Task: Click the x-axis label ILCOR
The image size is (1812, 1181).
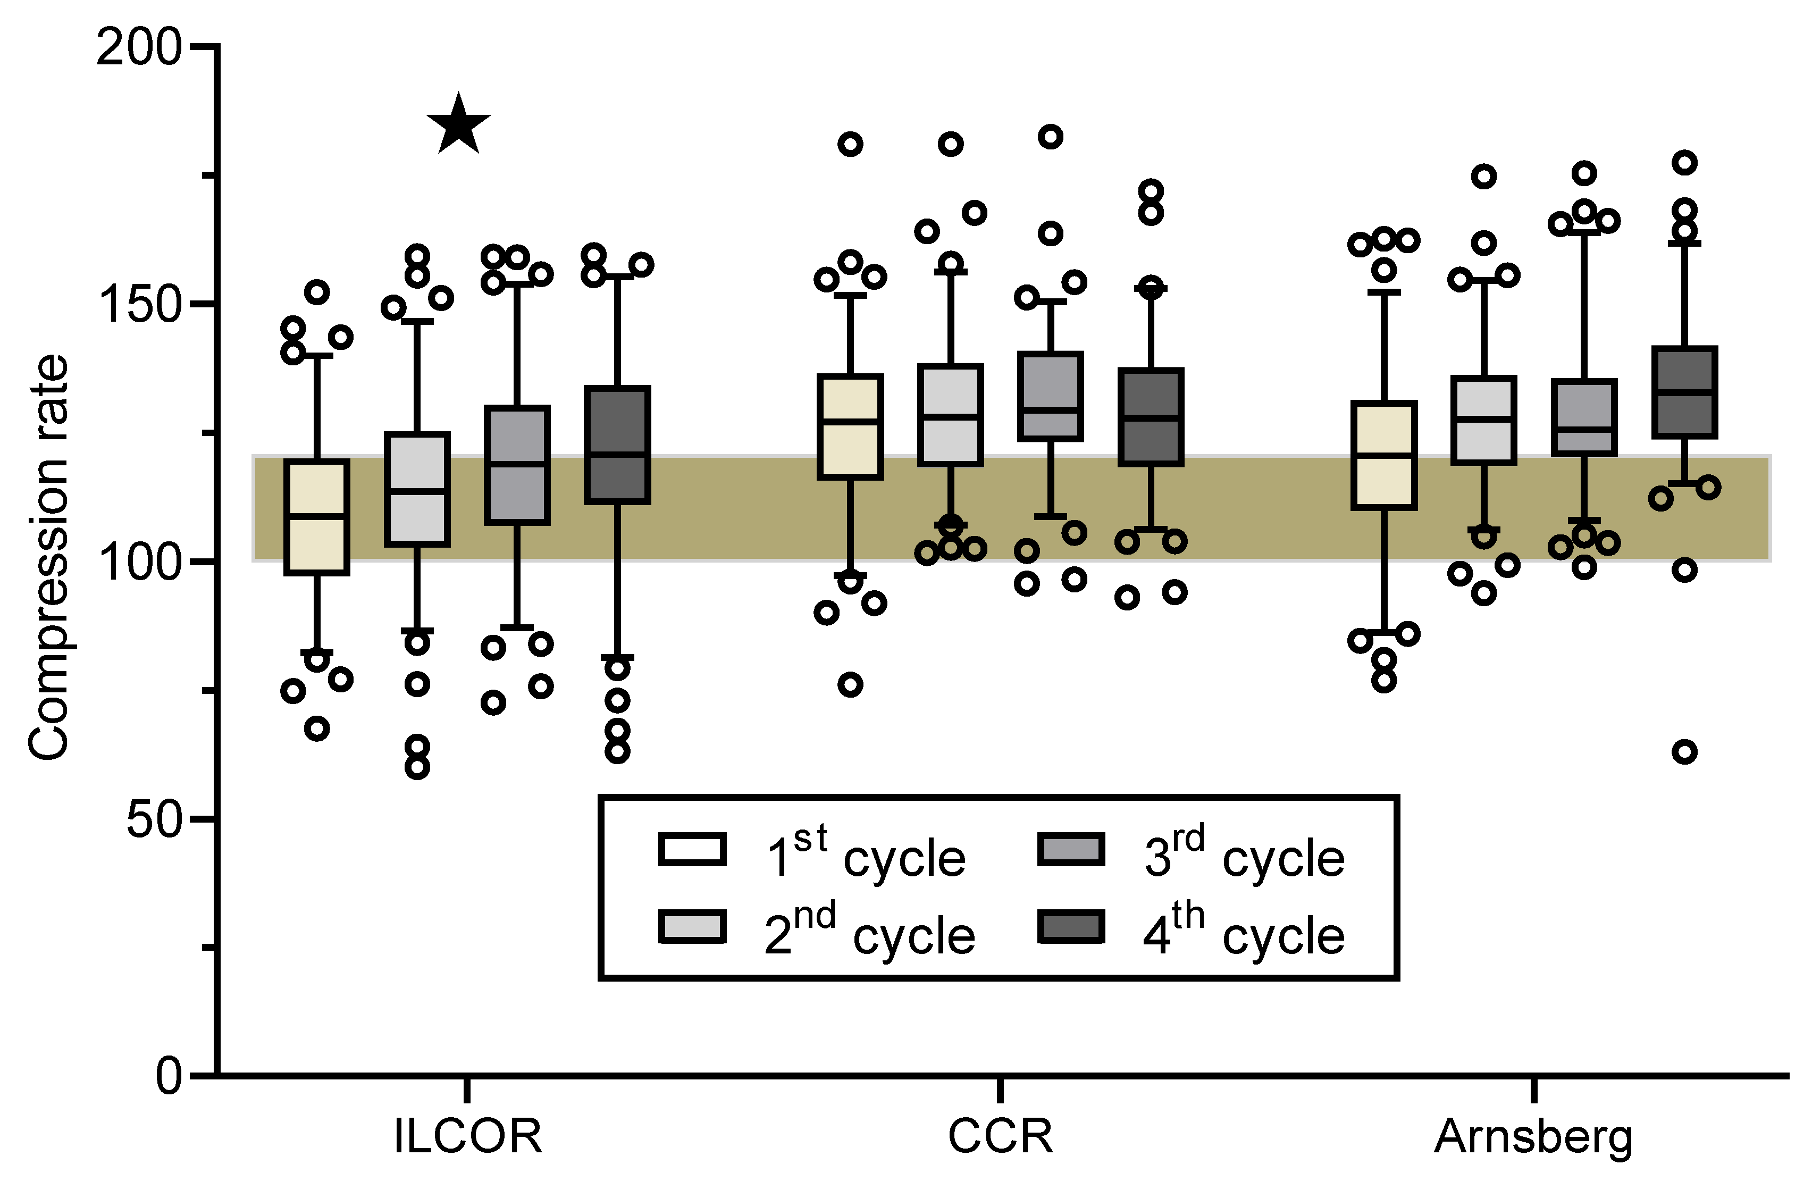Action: pos(467,1137)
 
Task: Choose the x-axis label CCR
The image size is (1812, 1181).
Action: pos(1000,1137)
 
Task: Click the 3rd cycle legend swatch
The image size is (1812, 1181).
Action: pos(1070,850)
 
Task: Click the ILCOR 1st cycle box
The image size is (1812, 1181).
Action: pos(317,517)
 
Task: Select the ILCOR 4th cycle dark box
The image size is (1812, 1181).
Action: pos(617,446)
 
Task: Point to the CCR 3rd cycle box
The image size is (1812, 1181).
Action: pos(1051,396)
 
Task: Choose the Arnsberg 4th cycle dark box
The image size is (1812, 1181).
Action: pos(1684,392)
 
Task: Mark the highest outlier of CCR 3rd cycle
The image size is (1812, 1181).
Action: pos(1051,137)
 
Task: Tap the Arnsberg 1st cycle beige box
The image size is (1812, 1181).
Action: pos(1384,455)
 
